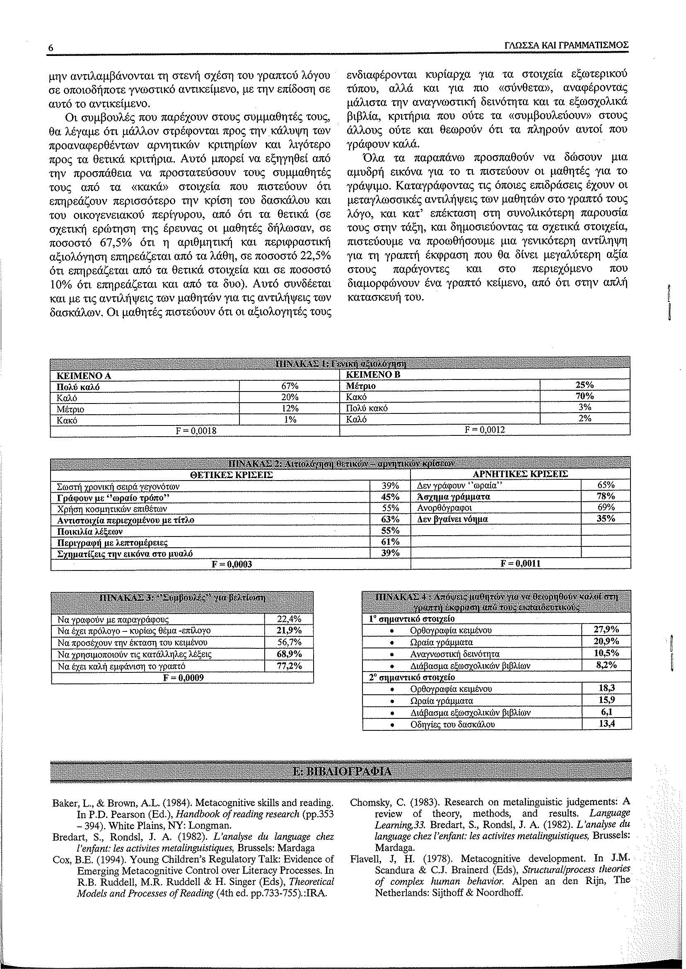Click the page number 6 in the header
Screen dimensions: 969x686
[x=51, y=48]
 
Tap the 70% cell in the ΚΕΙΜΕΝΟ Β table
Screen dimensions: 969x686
[x=585, y=396]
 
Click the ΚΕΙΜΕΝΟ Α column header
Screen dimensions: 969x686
[x=86, y=375]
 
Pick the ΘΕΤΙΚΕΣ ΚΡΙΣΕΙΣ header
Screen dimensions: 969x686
[x=232, y=474]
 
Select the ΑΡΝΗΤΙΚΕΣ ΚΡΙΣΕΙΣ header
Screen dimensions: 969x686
[x=521, y=474]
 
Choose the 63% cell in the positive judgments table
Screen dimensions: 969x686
[x=390, y=519]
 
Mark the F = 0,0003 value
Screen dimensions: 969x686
[x=232, y=564]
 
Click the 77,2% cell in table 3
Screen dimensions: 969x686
[x=289, y=666]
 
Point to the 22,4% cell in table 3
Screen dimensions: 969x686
[x=289, y=619]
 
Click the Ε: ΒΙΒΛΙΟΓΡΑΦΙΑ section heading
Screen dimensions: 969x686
[x=342, y=771]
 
